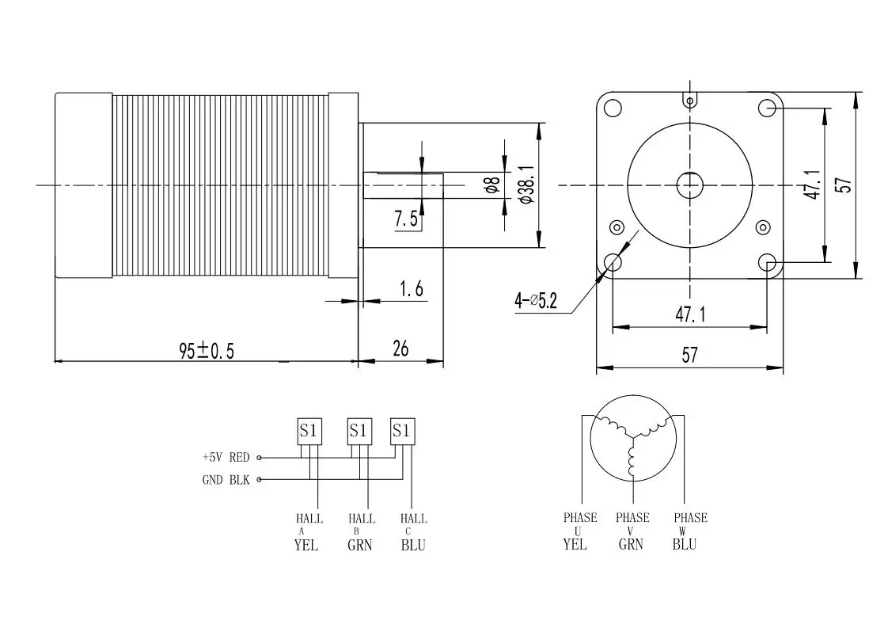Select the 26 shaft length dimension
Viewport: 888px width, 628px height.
tap(400, 348)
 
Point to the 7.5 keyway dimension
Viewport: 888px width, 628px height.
tap(406, 219)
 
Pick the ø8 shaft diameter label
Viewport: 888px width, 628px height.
tap(491, 185)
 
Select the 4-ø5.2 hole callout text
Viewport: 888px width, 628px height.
tap(536, 301)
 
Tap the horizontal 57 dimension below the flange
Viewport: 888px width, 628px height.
tap(689, 355)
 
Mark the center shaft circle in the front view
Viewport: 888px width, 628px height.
tap(690, 185)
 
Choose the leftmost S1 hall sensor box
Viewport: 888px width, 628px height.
tap(309, 431)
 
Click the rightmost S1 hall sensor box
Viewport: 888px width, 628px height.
tap(402, 431)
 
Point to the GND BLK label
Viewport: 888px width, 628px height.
tap(226, 480)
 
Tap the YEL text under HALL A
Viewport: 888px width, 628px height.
tap(305, 546)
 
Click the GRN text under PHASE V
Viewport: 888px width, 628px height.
tap(631, 544)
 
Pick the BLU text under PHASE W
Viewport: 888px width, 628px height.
tap(685, 544)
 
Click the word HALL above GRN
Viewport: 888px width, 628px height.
tap(361, 519)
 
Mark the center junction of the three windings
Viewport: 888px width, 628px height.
tap(632, 436)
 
